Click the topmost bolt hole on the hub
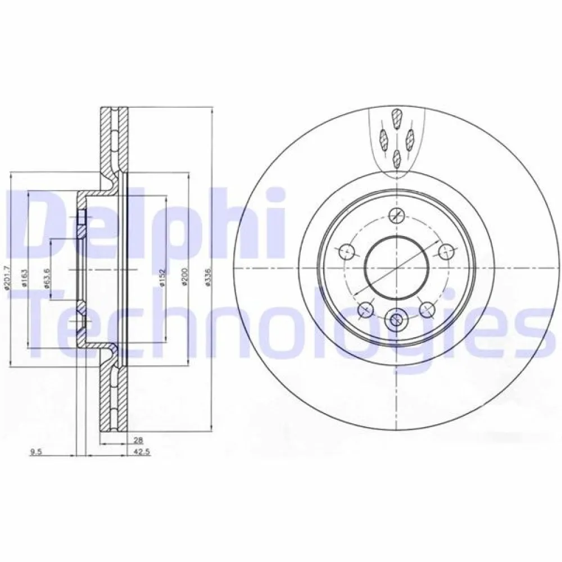(397, 214)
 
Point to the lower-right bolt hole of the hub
(428, 308)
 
